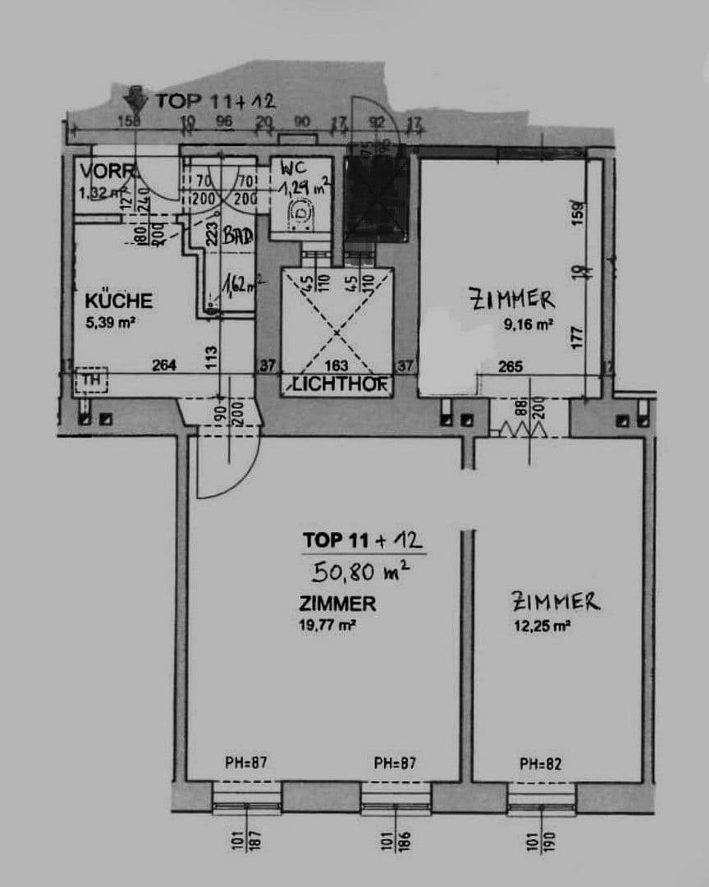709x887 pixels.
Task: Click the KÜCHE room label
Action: coord(118,301)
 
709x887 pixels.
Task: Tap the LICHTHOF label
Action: coord(337,384)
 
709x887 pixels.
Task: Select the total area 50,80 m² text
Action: coord(363,568)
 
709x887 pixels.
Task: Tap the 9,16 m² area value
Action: coord(528,324)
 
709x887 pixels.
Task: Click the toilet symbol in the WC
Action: coord(302,214)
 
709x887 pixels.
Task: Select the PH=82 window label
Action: coord(541,764)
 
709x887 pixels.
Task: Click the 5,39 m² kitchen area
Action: coord(110,323)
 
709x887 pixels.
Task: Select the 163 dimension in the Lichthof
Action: coord(337,366)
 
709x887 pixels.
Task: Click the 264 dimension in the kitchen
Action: coord(164,366)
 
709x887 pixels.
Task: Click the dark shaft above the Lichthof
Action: coord(375,200)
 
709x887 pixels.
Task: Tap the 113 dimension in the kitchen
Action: coord(211,355)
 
